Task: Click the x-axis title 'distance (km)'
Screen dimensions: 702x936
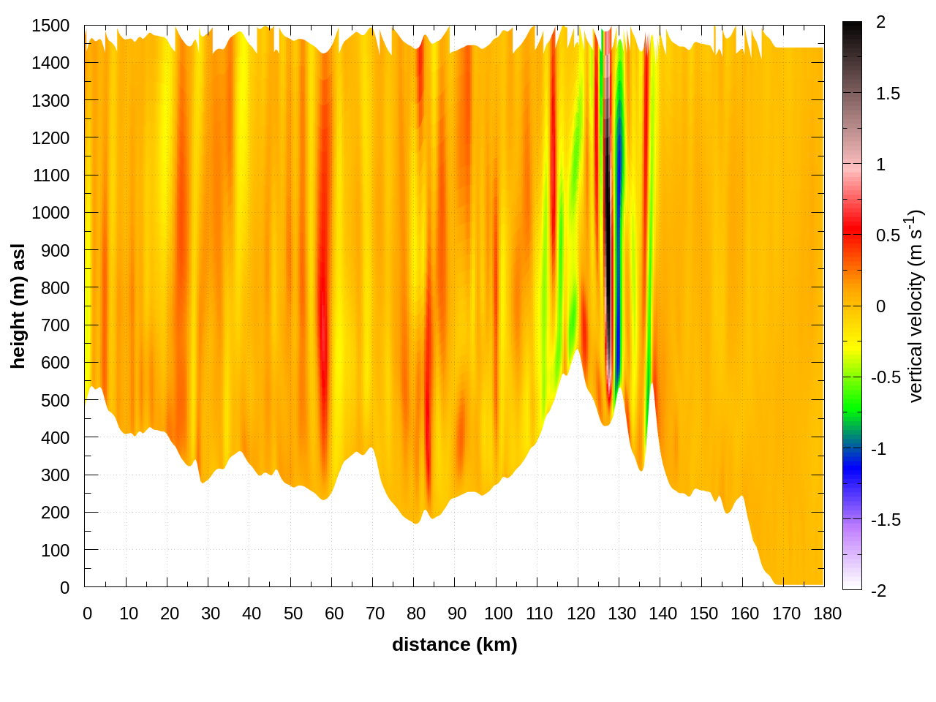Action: tap(454, 644)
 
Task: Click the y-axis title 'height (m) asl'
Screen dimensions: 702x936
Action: tap(18, 306)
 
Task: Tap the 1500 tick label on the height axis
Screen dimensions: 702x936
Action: tap(50, 26)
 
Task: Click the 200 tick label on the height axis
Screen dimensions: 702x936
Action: tap(55, 512)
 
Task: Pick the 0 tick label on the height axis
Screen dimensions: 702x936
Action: tap(64, 587)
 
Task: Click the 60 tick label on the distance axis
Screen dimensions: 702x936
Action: tap(334, 614)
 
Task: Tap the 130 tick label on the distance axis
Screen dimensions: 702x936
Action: tap(622, 614)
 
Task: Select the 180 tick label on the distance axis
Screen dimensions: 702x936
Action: tap(827, 614)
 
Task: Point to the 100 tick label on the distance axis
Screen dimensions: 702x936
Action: tap(498, 614)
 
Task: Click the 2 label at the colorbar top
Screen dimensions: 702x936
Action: tap(880, 23)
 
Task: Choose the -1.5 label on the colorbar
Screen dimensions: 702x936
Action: tap(886, 520)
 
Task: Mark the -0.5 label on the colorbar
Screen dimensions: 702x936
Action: tap(886, 377)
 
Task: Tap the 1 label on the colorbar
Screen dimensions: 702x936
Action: tap(880, 165)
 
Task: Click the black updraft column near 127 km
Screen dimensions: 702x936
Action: tap(607, 219)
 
